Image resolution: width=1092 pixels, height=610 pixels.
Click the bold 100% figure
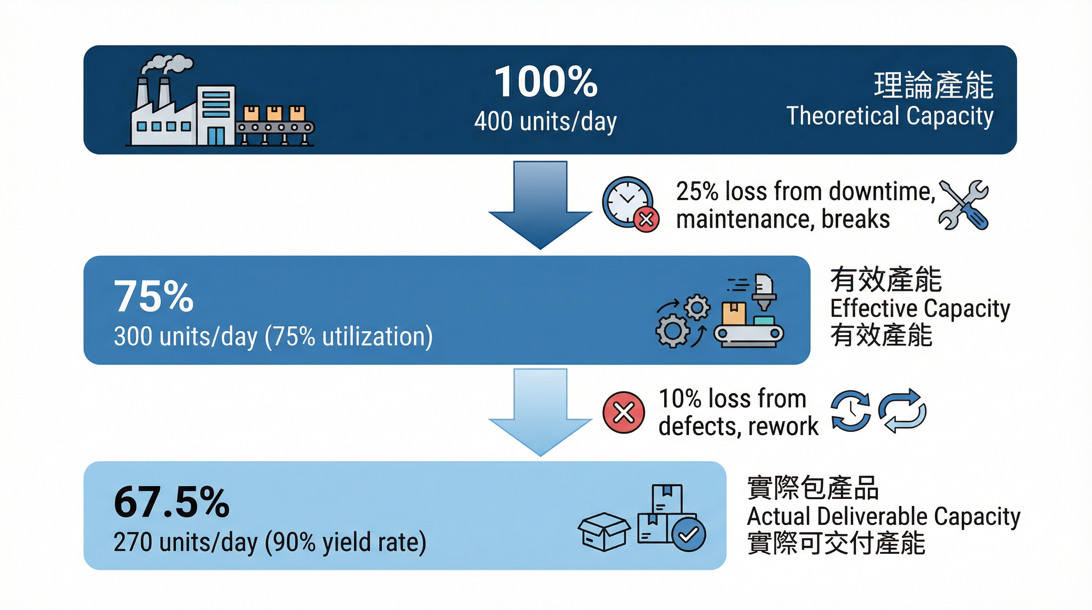[546, 82]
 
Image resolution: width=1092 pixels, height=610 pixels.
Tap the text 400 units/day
[545, 122]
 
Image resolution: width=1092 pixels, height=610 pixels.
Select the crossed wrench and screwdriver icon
[963, 205]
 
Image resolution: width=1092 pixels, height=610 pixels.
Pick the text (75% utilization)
[348, 337]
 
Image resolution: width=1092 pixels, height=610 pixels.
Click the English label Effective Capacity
[920, 309]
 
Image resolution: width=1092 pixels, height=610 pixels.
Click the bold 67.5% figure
[171, 503]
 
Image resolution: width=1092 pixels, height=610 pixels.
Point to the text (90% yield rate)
[346, 542]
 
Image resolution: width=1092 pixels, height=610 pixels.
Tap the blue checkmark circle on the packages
[688, 534]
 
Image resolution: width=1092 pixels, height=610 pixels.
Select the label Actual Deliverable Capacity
[883, 516]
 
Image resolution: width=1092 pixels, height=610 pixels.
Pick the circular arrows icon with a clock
[850, 411]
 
